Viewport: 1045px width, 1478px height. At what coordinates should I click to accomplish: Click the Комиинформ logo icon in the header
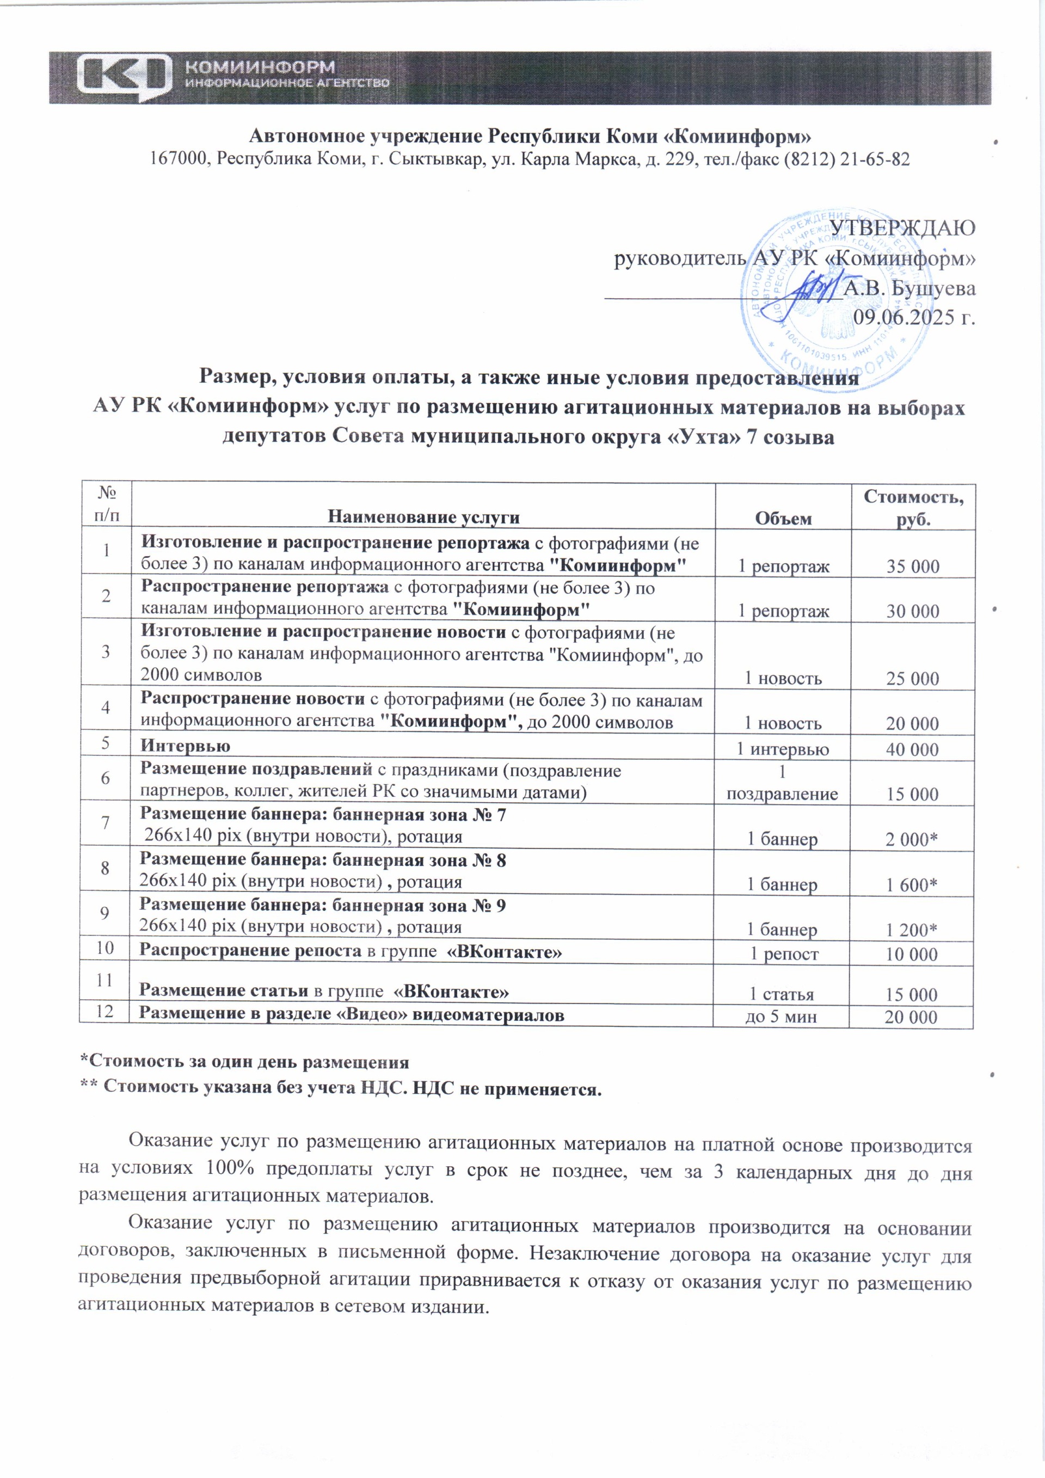click(x=124, y=78)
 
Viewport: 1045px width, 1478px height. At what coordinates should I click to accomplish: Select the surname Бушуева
click(x=933, y=288)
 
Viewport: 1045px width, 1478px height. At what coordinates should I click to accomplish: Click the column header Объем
click(x=784, y=518)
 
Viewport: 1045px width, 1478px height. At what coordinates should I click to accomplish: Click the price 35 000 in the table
click(x=912, y=566)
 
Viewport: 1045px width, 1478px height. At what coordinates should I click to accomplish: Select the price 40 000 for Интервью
click(x=912, y=749)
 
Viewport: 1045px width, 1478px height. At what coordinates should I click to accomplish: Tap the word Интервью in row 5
click(x=186, y=746)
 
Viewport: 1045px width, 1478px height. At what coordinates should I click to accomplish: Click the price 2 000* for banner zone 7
click(x=911, y=840)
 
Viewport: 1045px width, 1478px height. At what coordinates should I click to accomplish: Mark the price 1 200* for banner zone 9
click(x=911, y=930)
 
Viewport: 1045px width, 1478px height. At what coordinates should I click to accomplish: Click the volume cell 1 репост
click(x=784, y=954)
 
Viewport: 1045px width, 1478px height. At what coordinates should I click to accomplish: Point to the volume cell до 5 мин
click(x=780, y=1017)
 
